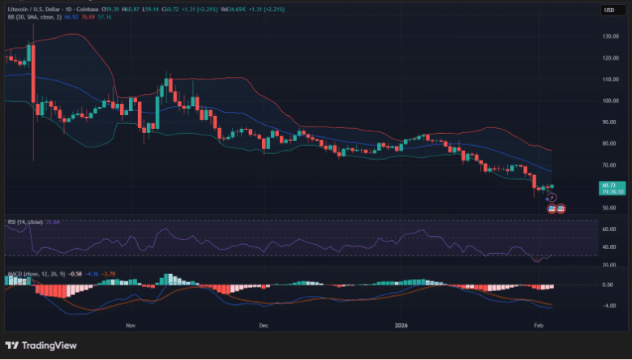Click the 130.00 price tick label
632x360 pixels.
(x=611, y=36)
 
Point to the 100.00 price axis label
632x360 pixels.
(x=611, y=101)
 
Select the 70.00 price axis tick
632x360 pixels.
(x=611, y=165)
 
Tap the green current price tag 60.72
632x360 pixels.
(x=610, y=187)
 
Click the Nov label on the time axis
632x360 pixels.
(x=131, y=324)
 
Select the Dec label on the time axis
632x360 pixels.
(x=263, y=324)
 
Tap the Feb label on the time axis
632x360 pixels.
(x=538, y=324)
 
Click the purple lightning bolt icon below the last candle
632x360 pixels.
(x=552, y=197)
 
